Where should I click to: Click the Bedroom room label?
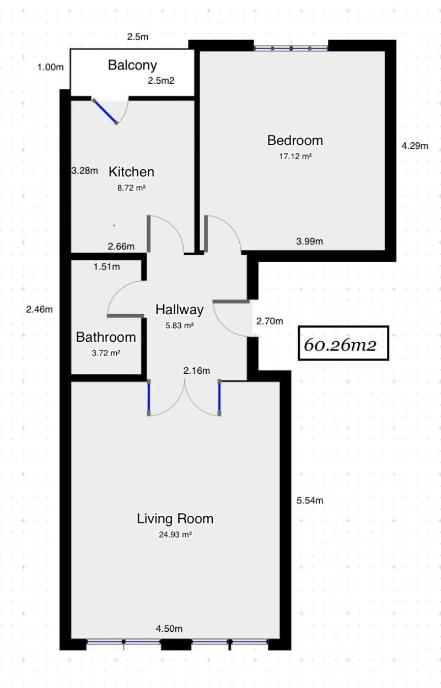[x=295, y=141]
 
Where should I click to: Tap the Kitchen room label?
[x=131, y=171]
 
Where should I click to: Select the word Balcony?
[x=132, y=66]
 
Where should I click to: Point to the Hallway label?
[x=179, y=310]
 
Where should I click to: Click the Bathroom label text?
[x=106, y=337]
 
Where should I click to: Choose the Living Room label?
[x=175, y=519]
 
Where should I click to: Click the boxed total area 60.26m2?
[x=343, y=343]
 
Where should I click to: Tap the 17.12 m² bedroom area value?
[x=295, y=157]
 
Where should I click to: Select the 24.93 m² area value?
[x=175, y=535]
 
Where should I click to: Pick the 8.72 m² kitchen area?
[x=131, y=187]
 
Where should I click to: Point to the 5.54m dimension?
[x=310, y=501]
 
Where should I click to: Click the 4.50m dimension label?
[x=169, y=628]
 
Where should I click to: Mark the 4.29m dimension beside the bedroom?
[x=415, y=146]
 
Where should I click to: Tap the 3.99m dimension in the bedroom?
[x=310, y=241]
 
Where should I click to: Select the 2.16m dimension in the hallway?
[x=197, y=370]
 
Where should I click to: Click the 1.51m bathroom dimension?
[x=107, y=267]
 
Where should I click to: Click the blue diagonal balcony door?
[x=105, y=112]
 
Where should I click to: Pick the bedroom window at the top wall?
[x=291, y=48]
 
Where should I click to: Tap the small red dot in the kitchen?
[x=114, y=225]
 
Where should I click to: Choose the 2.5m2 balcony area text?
[x=161, y=80]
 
